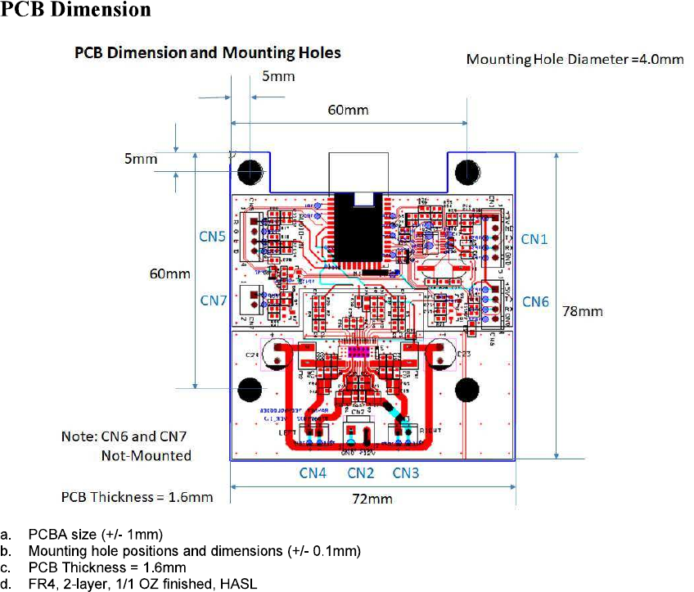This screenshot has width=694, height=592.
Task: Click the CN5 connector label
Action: [x=214, y=237]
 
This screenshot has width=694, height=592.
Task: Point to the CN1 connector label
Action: [x=535, y=239]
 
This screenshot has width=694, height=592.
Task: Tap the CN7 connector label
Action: [x=214, y=301]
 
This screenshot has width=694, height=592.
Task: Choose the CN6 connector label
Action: [x=535, y=302]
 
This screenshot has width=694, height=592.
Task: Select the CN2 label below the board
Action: [x=361, y=473]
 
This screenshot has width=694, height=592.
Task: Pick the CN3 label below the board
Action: [x=407, y=473]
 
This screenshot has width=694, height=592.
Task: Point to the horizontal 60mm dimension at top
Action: [x=349, y=110]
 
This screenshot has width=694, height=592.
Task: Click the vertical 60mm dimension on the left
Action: [x=169, y=273]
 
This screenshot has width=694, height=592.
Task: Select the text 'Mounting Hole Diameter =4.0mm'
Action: [x=575, y=59]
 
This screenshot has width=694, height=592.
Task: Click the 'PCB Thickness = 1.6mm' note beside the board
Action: [x=137, y=497]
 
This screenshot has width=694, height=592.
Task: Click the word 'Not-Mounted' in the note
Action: [x=146, y=454]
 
